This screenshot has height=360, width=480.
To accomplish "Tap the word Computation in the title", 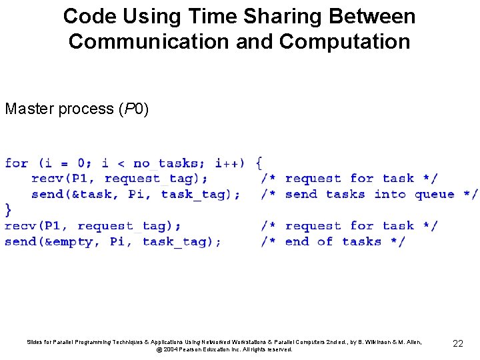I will tap(345, 41).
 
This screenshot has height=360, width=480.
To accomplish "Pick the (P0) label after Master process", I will tap(133, 109).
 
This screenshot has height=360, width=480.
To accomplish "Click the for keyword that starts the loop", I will tap(16, 163).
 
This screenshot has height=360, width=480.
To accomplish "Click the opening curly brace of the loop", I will tap(259, 163).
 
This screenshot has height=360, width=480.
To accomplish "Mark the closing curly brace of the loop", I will tap(8, 210).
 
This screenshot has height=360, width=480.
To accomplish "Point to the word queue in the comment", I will tap(434, 195).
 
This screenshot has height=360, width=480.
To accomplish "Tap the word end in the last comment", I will tap(297, 242).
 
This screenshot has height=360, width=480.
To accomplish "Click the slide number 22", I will tap(457, 343).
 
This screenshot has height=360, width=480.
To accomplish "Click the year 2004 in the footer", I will tap(171, 349).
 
